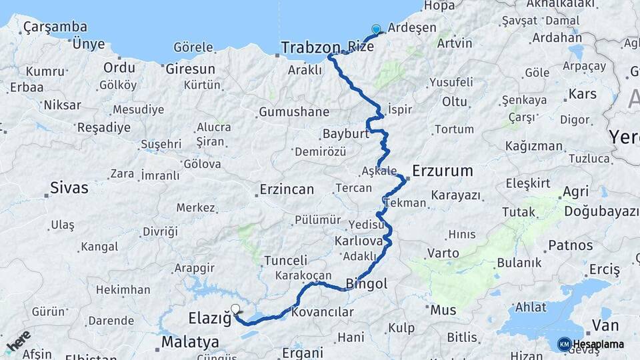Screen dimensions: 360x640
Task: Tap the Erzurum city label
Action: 443,171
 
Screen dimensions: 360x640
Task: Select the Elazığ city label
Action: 209,318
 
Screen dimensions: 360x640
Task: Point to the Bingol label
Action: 367,284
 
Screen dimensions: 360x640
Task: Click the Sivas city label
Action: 69,188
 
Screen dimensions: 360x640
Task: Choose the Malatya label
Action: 190,342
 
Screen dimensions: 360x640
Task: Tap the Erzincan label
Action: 287,189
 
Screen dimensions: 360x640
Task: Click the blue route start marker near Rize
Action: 376,29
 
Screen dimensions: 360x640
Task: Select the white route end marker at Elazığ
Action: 235,309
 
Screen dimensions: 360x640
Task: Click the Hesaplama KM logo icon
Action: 564,344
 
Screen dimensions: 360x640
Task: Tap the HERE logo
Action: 19,341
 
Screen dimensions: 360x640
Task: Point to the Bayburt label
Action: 345,133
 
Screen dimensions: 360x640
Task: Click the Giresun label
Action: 190,69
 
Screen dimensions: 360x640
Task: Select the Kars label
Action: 582,93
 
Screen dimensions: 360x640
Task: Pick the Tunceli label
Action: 286,261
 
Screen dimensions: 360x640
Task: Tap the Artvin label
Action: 455,43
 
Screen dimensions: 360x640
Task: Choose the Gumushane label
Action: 294,112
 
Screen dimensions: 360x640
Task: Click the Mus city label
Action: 443,309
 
